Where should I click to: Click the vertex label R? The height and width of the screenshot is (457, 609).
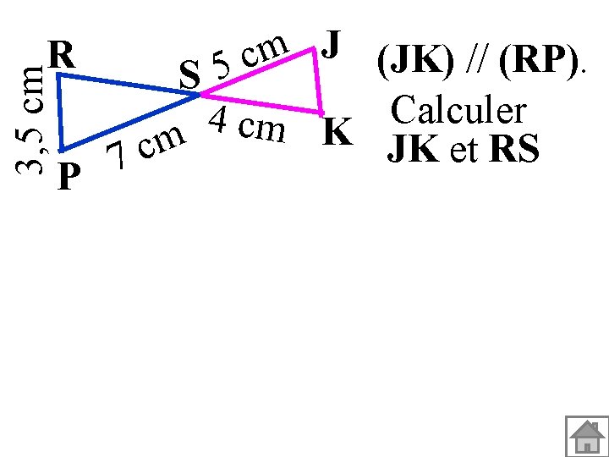pyautogui.click(x=63, y=56)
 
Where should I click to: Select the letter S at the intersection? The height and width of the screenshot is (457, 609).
pyautogui.click(x=190, y=77)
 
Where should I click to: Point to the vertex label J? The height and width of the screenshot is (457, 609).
pyautogui.click(x=332, y=42)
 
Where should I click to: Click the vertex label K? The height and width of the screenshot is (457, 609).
pyautogui.click(x=337, y=133)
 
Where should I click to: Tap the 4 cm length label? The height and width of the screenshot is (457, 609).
pyautogui.click(x=247, y=126)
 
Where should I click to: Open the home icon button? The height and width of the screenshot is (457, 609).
pyautogui.click(x=586, y=435)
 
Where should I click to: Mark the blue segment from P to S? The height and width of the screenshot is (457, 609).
pyautogui.click(x=127, y=124)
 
